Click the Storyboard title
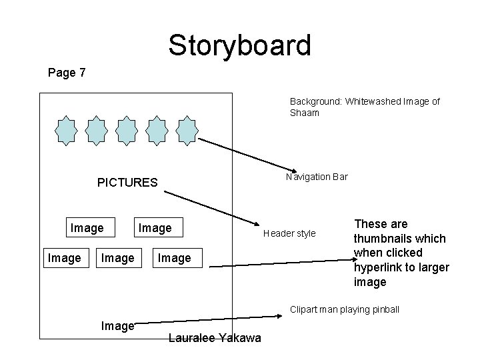pos(239,45)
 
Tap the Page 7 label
pos(67,73)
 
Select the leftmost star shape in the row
pos(67,131)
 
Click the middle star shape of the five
pos(127,131)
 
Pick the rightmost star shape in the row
pos(187,131)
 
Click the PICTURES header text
pos(127,183)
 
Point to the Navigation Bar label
pos(317,177)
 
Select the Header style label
pos(289,233)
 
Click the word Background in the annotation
pos(315,101)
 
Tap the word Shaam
pos(305,113)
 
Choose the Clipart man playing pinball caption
pos(344,310)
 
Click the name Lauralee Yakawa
pos(215,339)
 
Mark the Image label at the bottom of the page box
pos(117,326)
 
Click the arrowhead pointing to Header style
pos(259,225)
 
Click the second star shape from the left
pos(97,131)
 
